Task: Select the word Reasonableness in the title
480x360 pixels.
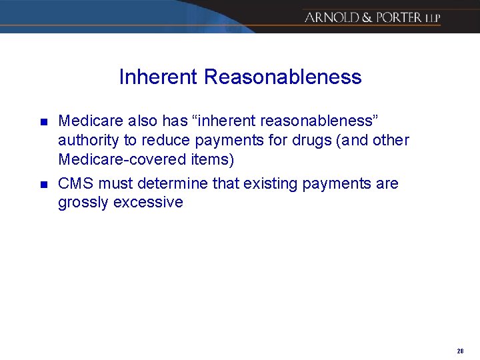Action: pyautogui.click(x=283, y=77)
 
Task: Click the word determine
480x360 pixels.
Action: pyautogui.click(x=175, y=183)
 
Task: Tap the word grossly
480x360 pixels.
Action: pyautogui.click(x=83, y=203)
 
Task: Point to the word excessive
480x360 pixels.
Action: pyautogui.click(x=148, y=203)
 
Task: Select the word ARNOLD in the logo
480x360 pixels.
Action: pyautogui.click(x=331, y=17)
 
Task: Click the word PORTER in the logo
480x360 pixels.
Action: pyautogui.click(x=397, y=17)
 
